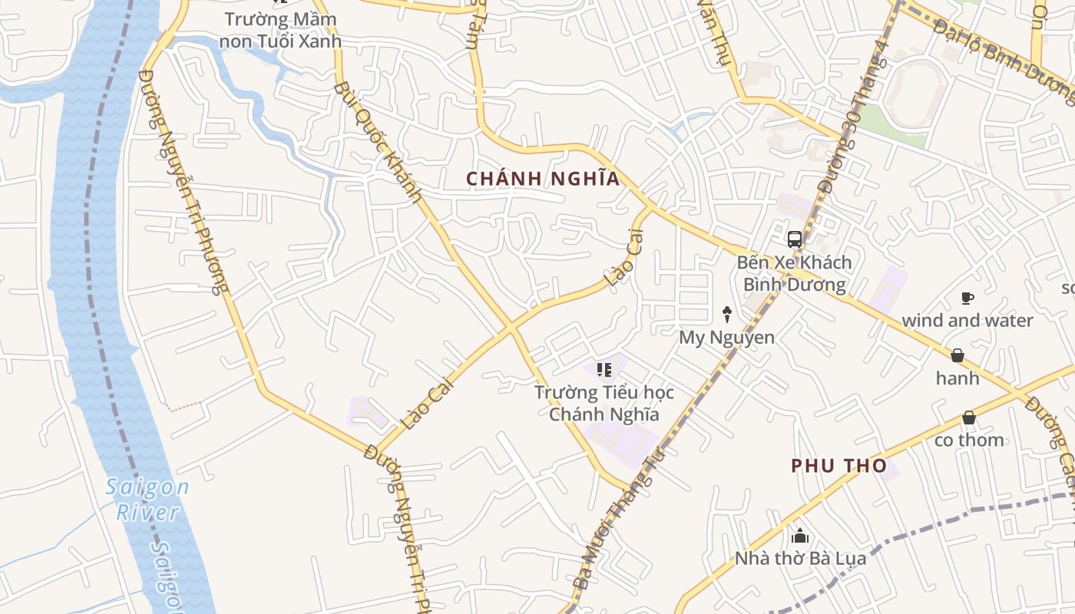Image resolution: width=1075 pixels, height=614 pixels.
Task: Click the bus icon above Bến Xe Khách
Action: pos(795,239)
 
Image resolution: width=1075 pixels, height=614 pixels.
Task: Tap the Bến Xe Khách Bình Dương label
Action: pos(794,273)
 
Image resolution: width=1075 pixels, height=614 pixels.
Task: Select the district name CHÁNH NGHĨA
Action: pos(543,179)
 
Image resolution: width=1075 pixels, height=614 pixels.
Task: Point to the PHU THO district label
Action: pos(838,465)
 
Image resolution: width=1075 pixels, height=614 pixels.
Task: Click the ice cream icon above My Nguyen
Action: pos(726,314)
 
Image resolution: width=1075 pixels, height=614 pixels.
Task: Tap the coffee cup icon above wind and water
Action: pos(968,298)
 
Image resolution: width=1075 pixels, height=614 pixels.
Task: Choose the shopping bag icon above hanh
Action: pos(958,355)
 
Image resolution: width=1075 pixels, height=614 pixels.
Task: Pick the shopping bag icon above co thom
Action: pos(969,418)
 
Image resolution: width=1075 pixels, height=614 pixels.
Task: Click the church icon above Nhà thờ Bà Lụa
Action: pos(800,536)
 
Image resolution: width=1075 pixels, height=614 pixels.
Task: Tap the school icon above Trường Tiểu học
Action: pos(604,371)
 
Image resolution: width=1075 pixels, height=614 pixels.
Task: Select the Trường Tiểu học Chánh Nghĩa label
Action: pos(604,404)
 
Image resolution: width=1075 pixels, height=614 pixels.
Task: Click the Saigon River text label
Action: pos(148,499)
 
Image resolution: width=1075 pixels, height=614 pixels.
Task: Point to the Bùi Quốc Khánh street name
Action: pos(379,142)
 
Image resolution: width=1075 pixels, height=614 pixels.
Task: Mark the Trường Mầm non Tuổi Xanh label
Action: pos(280,30)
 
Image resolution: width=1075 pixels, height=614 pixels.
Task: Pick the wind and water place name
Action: pos(967,320)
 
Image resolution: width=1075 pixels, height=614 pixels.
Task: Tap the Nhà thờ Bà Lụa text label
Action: pos(800,558)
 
